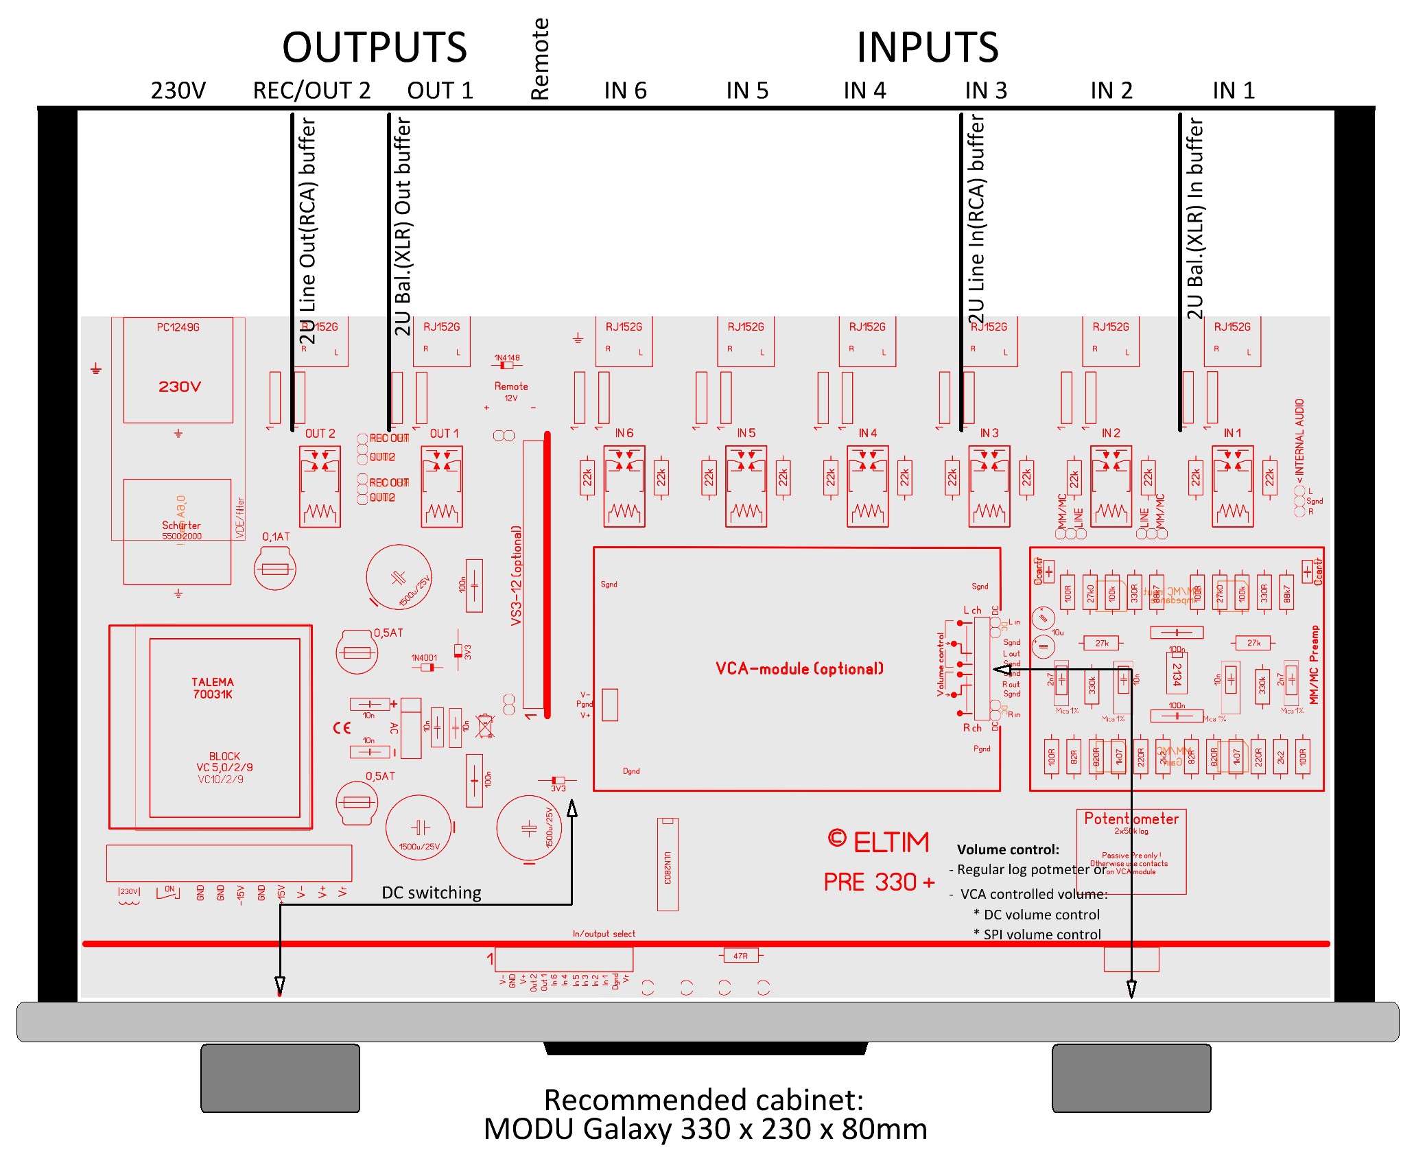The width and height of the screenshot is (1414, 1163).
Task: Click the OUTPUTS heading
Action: (x=375, y=48)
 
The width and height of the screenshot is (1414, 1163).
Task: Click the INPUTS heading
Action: (x=927, y=48)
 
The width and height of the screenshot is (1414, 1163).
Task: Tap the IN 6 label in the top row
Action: (x=625, y=91)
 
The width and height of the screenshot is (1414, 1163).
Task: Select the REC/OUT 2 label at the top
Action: (x=311, y=91)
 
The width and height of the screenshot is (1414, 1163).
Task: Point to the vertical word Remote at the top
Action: (x=541, y=59)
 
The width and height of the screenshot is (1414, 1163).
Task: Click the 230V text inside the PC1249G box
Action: (x=180, y=387)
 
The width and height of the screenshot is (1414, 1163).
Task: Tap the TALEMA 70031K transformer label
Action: (x=213, y=688)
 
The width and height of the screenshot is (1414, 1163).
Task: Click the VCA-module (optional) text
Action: (x=799, y=669)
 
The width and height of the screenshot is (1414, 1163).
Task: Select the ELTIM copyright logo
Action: (x=879, y=842)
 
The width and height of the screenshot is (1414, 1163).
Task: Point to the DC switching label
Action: (x=432, y=893)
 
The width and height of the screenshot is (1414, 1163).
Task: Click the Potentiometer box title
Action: (x=1131, y=819)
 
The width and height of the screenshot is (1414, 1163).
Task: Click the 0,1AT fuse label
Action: (x=276, y=537)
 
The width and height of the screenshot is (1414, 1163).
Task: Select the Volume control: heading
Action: (x=1008, y=849)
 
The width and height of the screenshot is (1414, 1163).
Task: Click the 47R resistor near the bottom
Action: (x=740, y=956)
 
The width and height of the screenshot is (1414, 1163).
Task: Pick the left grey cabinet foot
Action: (x=280, y=1078)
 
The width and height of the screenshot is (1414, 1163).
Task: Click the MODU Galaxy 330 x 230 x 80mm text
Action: (x=705, y=1129)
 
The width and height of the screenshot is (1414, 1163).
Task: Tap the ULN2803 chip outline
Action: (x=668, y=865)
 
